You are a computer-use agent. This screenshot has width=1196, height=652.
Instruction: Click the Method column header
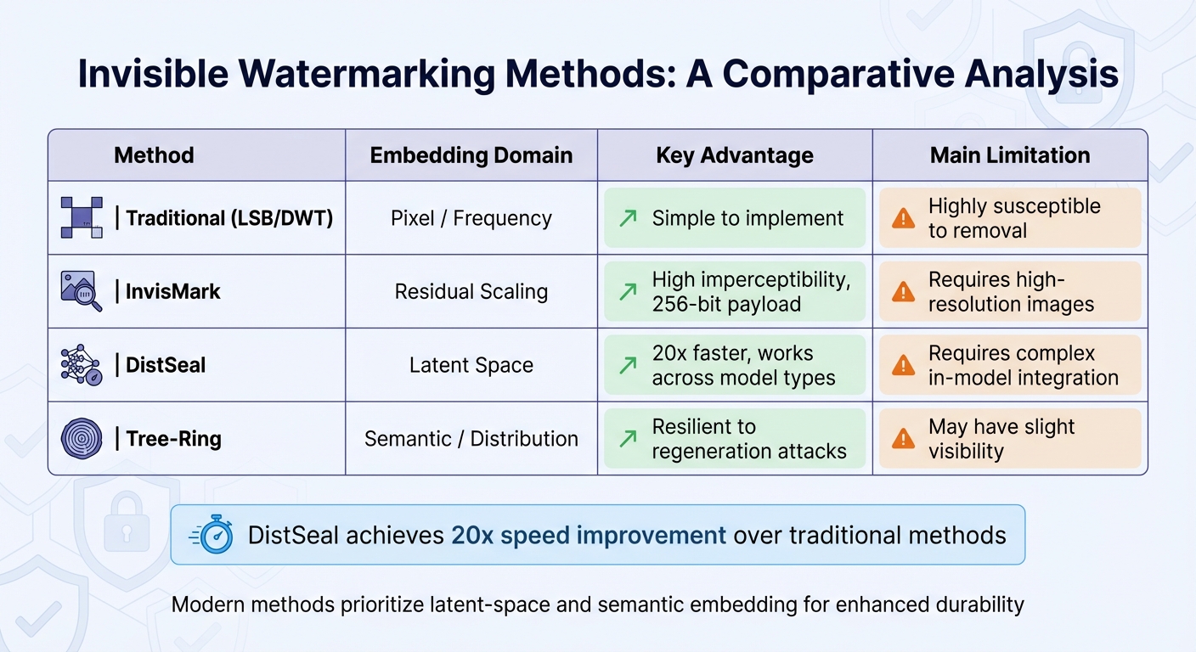pos(154,155)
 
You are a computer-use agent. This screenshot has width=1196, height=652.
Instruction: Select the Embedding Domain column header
pos(471,155)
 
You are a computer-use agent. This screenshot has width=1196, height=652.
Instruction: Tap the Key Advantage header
pos(735,155)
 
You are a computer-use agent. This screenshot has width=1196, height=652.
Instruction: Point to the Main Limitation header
pos(1010,155)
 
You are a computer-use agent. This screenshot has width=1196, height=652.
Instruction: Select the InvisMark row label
pos(173,292)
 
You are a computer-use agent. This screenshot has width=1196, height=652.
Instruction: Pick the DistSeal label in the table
pos(166,365)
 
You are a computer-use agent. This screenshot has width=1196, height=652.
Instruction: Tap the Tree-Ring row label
pos(173,439)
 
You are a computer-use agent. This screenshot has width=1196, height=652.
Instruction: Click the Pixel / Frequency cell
pos(471,218)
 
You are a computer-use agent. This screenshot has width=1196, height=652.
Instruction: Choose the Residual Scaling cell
pos(471,292)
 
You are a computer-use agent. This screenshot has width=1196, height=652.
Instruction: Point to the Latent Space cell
pos(471,365)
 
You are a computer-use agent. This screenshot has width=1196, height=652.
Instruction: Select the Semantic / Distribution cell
pos(471,439)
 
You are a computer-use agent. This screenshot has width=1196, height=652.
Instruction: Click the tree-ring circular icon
pos(82,439)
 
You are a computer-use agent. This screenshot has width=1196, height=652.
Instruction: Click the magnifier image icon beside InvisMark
pos(82,291)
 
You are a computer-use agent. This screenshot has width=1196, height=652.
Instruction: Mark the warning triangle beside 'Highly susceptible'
pos(903,218)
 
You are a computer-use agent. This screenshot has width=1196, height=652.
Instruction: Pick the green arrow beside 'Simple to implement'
pos(628,218)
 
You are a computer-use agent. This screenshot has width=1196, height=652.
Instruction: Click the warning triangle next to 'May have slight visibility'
pos(903,439)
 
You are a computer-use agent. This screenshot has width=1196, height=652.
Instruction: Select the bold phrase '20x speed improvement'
pos(589,536)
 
